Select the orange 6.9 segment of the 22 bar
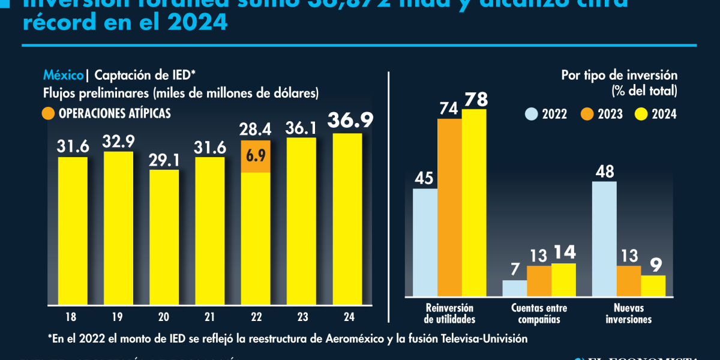(256, 157)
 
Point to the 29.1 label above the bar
(164, 159)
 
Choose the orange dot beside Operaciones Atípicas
(49, 113)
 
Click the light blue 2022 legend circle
(532, 114)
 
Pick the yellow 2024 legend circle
(641, 114)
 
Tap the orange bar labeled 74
(449, 208)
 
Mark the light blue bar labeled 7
(514, 289)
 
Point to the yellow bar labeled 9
(653, 286)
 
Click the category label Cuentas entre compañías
(539, 313)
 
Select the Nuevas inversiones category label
(628, 313)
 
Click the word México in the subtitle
(63, 76)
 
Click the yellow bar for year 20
(164, 236)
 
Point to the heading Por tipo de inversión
(619, 76)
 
